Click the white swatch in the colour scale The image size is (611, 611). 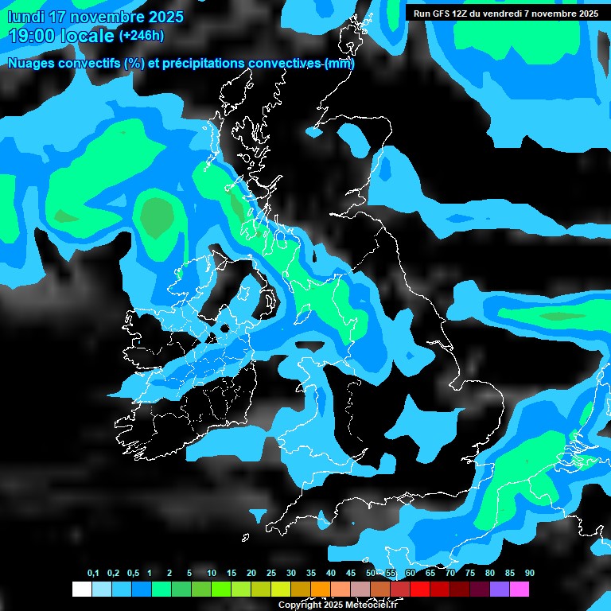tap(81, 589)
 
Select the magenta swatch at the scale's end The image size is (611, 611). tap(520, 589)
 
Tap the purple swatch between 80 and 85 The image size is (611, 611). tap(500, 589)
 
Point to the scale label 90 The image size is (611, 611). tap(529, 574)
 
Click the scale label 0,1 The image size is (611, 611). tap(93, 574)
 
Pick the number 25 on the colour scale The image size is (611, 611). tap(271, 574)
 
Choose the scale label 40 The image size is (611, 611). tap(331, 574)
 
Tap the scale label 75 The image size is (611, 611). tap(469, 574)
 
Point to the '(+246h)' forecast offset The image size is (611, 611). tap(142, 36)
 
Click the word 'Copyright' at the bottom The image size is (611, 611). tap(299, 605)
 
